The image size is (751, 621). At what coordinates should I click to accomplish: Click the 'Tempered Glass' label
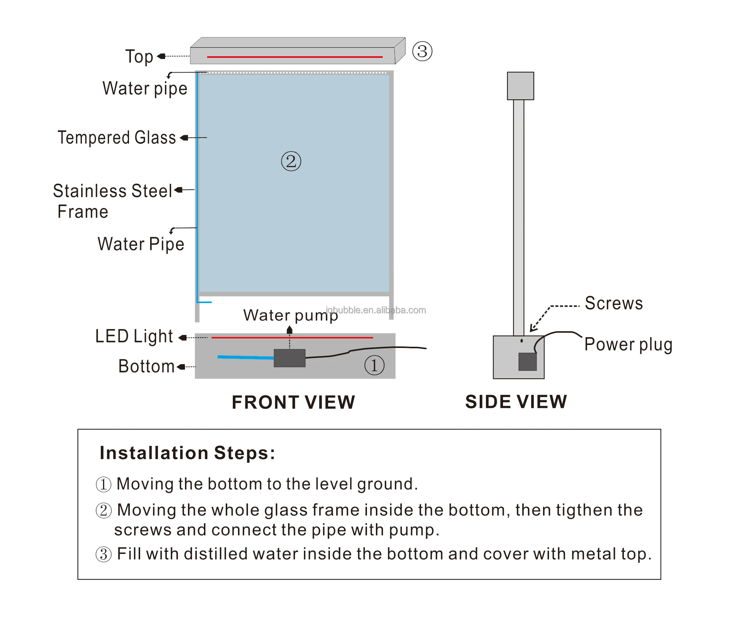click(116, 137)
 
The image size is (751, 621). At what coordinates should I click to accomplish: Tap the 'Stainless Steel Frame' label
click(112, 201)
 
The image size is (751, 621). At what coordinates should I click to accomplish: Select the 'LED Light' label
click(134, 336)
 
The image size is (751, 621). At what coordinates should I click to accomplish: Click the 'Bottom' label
click(146, 366)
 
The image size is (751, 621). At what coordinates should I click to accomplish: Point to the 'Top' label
click(139, 57)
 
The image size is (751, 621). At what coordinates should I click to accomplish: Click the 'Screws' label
click(613, 303)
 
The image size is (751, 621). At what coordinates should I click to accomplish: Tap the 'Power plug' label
click(628, 345)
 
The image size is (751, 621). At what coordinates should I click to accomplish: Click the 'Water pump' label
click(290, 315)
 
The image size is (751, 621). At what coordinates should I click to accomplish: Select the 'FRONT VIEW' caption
click(293, 402)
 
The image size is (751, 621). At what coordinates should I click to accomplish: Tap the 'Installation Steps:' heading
click(188, 453)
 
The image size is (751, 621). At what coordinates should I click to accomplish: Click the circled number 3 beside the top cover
click(422, 52)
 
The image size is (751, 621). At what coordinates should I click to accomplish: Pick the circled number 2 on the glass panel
click(291, 161)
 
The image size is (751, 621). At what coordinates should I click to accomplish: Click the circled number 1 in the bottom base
click(374, 365)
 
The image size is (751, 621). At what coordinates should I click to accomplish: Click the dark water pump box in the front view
click(290, 358)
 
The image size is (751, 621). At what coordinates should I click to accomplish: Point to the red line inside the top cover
click(295, 57)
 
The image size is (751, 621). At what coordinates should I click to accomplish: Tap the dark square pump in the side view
click(527, 362)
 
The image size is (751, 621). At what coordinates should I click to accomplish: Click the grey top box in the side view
click(520, 86)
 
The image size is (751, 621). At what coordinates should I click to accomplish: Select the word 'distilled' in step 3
click(216, 554)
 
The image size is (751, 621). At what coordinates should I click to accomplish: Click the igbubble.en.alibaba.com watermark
click(376, 310)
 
